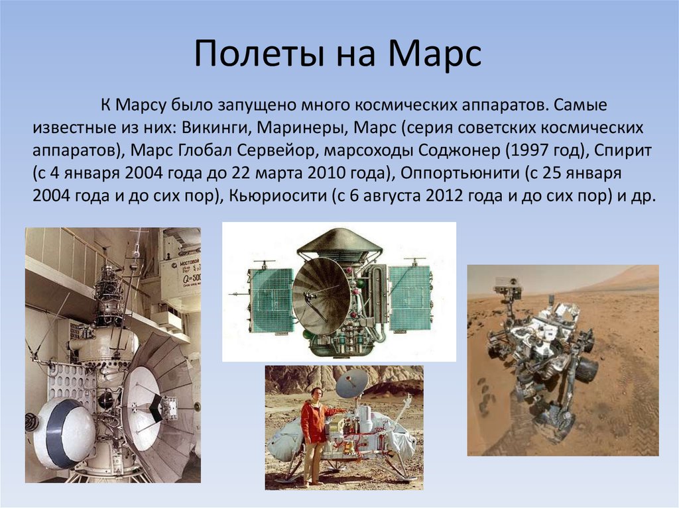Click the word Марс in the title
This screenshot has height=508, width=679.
[x=434, y=55]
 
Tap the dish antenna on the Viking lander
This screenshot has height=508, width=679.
[x=352, y=383]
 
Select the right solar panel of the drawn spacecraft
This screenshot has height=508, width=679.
[x=409, y=299]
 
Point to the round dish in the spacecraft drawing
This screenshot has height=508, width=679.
[x=321, y=296]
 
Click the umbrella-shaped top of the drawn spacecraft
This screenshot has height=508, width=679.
[x=339, y=242]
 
